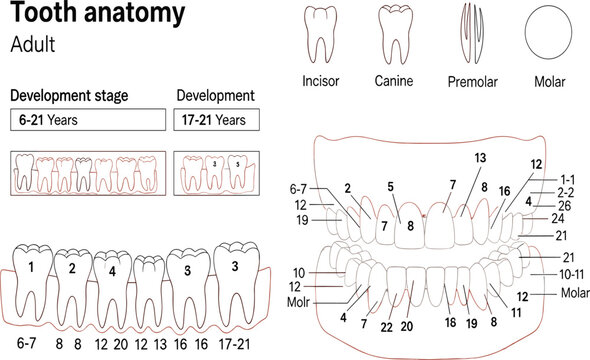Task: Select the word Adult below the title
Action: pyautogui.click(x=34, y=45)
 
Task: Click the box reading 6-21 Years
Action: pyautogui.click(x=86, y=120)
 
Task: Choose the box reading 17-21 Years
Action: pyautogui.click(x=217, y=120)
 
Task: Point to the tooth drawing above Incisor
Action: pyautogui.click(x=322, y=31)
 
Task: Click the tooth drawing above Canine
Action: pyautogui.click(x=395, y=31)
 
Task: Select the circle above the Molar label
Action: pyautogui.click(x=546, y=30)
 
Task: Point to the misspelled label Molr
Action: pyautogui.click(x=299, y=300)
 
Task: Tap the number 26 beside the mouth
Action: pyautogui.click(x=564, y=204)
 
